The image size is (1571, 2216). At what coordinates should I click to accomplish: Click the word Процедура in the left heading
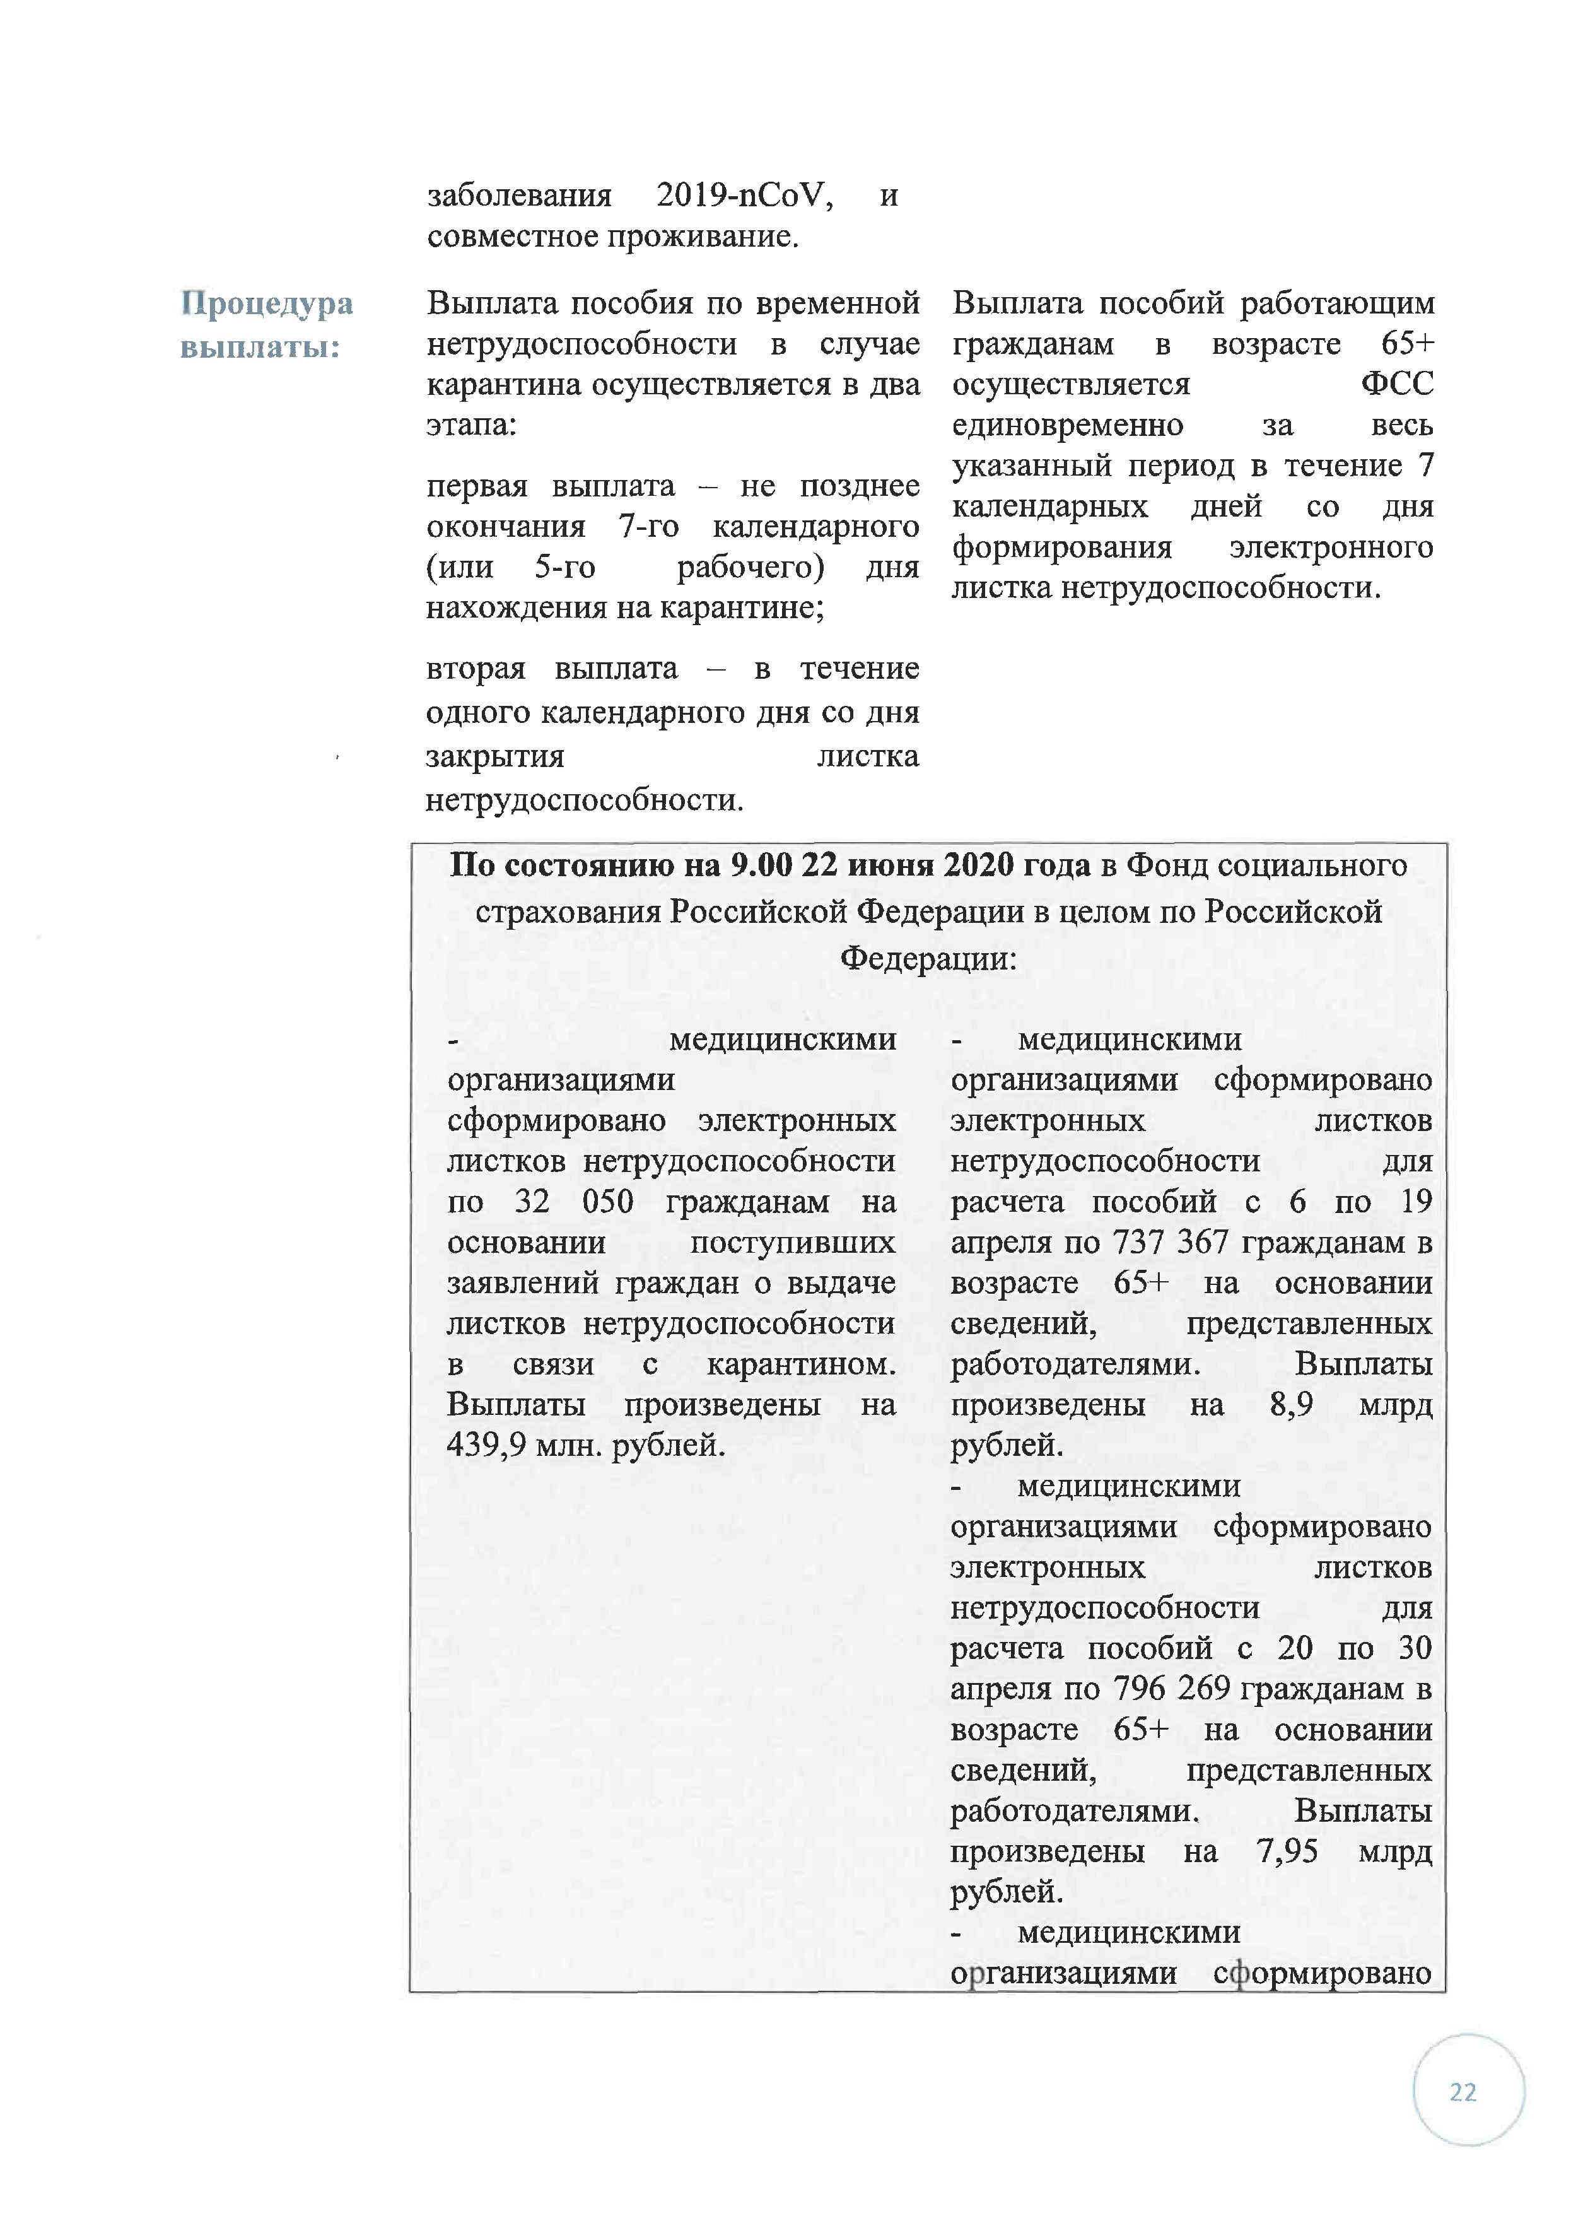pos(267,304)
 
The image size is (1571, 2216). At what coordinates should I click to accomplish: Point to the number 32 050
pos(574,1202)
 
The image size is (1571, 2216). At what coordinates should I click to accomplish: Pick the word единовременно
pos(1067,426)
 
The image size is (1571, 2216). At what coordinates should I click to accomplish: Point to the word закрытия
pos(495,756)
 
